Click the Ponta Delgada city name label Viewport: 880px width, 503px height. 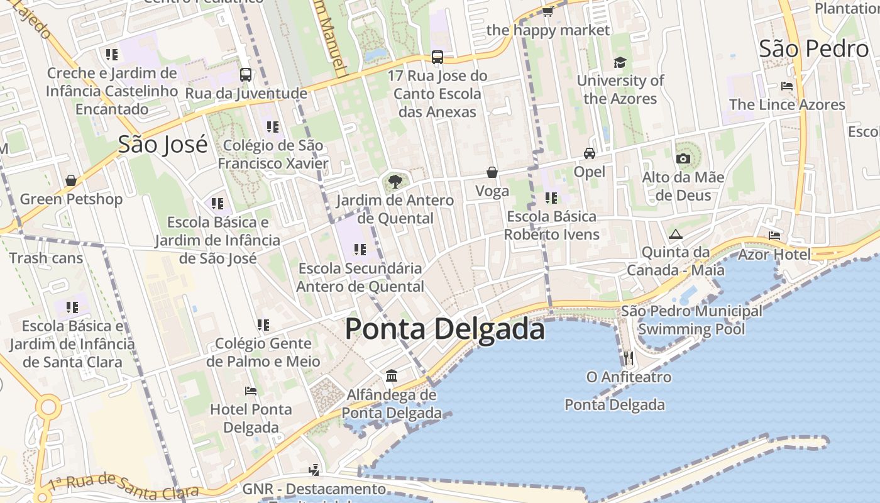[x=444, y=329]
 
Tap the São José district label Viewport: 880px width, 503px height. [x=163, y=145]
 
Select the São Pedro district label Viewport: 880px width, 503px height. [x=813, y=48]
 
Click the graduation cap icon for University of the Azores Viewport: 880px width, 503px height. [x=620, y=62]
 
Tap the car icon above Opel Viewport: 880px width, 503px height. [x=590, y=153]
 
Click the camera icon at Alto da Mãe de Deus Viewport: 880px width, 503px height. [x=683, y=158]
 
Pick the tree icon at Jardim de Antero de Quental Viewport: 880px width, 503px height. [x=395, y=182]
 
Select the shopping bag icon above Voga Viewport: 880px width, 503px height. [x=492, y=172]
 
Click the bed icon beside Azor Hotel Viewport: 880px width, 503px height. [x=774, y=236]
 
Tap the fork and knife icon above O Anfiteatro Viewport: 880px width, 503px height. [x=628, y=358]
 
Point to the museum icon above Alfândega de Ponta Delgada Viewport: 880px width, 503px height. [x=392, y=376]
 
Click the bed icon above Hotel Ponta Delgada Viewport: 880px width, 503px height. [x=251, y=391]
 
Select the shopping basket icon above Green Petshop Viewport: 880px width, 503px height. [x=71, y=181]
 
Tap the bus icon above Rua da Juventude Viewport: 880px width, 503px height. [x=246, y=75]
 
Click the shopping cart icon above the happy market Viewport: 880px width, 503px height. [x=547, y=12]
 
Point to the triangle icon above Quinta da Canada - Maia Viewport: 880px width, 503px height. [x=676, y=235]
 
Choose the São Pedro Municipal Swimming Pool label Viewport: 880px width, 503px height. [x=691, y=320]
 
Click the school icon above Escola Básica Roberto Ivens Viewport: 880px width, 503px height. [x=551, y=198]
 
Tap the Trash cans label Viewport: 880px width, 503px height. [x=46, y=258]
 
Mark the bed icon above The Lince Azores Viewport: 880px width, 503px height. [x=786, y=86]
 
